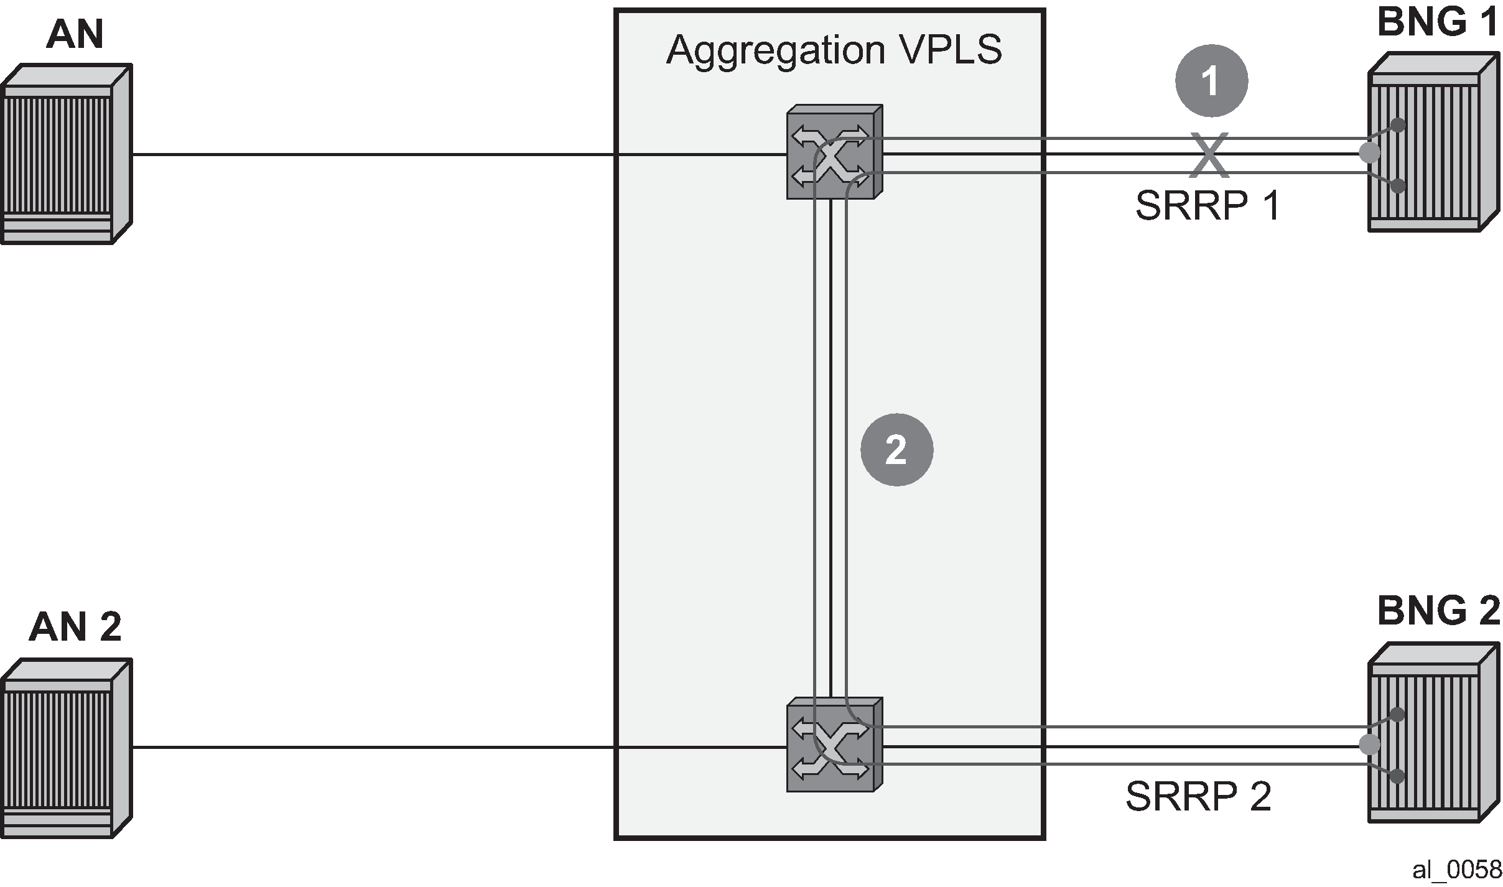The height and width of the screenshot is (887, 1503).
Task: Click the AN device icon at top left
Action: (x=66, y=154)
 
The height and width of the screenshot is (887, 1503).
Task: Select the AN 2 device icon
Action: (x=66, y=748)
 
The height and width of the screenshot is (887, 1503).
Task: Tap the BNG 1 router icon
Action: (x=1433, y=142)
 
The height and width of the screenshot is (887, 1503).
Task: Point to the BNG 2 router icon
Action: (x=1433, y=733)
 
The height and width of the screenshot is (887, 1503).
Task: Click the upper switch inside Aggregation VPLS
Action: (x=834, y=152)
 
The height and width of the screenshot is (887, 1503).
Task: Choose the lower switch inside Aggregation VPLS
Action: (x=834, y=744)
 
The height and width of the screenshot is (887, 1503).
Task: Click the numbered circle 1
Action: (x=1211, y=81)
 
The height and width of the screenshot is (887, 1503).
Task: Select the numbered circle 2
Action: (x=896, y=450)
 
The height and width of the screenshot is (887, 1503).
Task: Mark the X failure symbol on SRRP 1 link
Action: (x=1210, y=154)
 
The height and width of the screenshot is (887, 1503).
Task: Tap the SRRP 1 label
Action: (x=1208, y=205)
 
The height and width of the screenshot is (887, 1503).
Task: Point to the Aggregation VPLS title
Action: (x=834, y=49)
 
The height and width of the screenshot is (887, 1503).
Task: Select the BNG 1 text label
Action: (x=1438, y=22)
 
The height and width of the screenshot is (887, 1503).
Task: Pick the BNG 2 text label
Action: (x=1438, y=611)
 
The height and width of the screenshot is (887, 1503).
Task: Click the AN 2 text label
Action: (x=75, y=626)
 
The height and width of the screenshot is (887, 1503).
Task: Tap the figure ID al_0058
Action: (x=1456, y=870)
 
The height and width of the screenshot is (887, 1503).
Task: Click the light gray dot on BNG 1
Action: (x=1369, y=152)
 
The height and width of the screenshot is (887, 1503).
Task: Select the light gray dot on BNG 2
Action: (x=1369, y=744)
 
